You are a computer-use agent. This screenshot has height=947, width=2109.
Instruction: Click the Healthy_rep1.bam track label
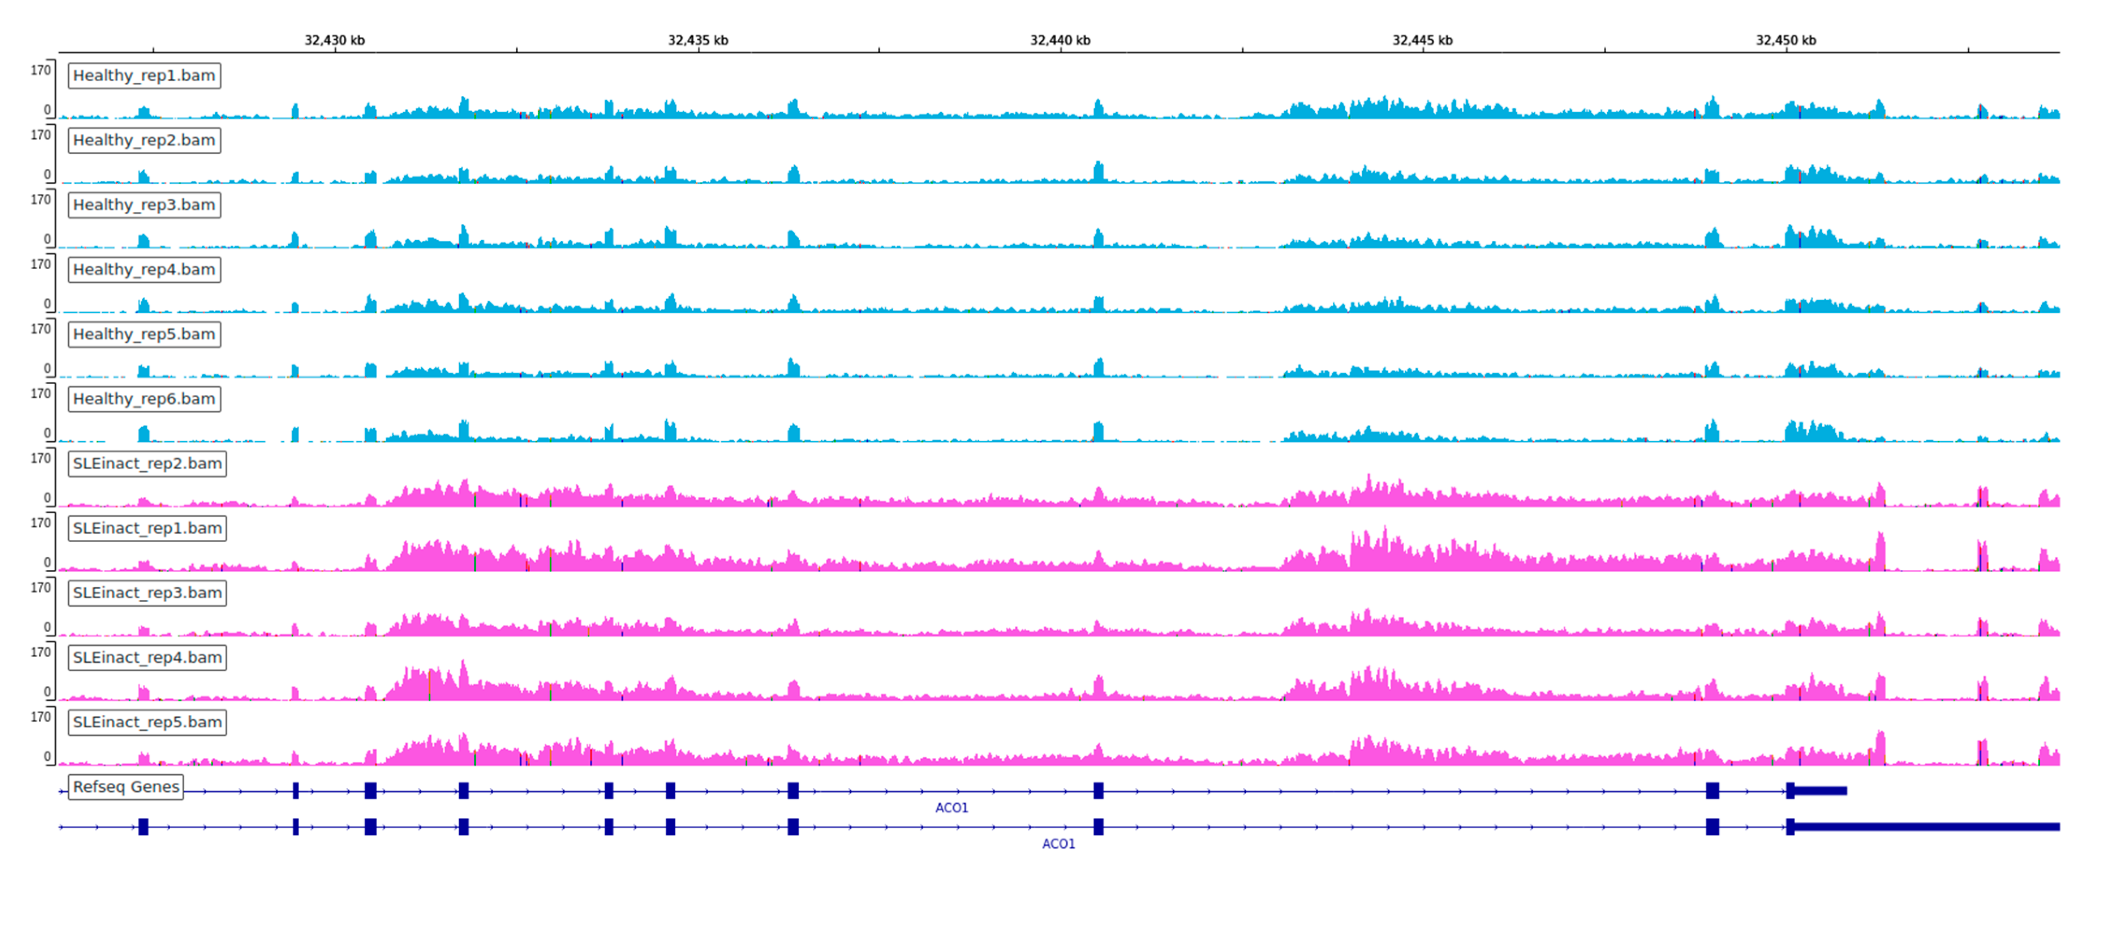[144, 75]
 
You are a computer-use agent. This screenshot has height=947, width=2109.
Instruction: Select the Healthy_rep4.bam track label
[144, 269]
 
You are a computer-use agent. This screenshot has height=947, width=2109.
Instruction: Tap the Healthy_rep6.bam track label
[144, 399]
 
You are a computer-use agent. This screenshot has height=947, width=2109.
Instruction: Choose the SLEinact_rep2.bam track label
[147, 463]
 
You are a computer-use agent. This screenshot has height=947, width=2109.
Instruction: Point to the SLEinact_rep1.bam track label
[147, 528]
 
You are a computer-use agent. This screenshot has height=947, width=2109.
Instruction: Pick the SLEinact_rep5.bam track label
[147, 722]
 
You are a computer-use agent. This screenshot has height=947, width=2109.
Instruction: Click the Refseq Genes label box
[126, 787]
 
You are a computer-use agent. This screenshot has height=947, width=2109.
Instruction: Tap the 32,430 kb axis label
[334, 40]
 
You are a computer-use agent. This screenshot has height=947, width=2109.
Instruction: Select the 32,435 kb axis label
[698, 40]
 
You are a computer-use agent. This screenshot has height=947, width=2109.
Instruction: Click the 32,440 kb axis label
[1060, 40]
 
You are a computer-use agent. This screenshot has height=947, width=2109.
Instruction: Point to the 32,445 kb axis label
[1422, 40]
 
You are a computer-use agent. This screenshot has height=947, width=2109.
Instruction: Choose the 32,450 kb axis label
[1785, 40]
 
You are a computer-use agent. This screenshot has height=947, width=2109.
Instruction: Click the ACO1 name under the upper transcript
[951, 808]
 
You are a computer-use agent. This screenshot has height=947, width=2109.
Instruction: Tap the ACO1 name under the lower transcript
[1058, 844]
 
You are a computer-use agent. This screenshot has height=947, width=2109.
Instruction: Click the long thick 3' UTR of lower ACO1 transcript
[1924, 827]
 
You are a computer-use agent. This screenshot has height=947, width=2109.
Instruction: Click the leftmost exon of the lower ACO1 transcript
[143, 827]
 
